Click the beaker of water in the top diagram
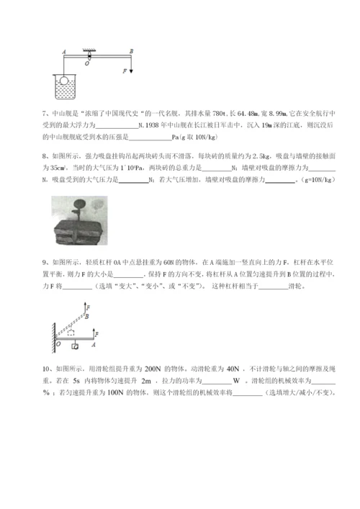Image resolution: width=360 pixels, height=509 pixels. (x=65, y=87)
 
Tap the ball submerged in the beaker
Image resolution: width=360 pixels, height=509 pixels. (x=64, y=81)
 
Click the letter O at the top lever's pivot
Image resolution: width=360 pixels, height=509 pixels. (x=87, y=63)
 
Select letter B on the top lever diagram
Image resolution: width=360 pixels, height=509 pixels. (x=132, y=51)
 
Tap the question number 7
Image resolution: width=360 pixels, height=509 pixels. (x=45, y=114)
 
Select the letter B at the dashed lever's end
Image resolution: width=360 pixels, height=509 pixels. (x=88, y=316)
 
